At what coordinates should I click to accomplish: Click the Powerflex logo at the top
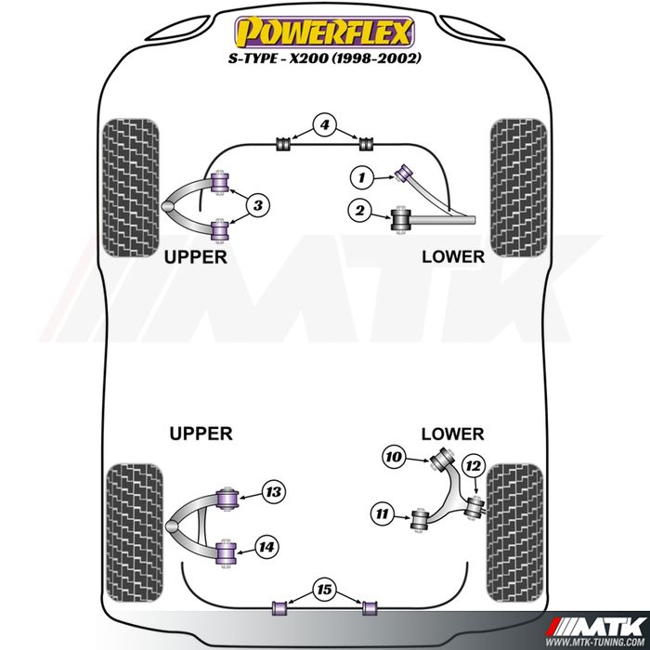click(x=324, y=32)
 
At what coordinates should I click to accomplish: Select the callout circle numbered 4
click(x=324, y=124)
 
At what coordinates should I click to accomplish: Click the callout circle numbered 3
click(x=259, y=205)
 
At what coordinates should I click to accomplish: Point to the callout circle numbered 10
click(x=394, y=456)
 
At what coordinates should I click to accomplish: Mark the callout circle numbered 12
click(x=474, y=465)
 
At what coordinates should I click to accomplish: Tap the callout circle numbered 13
click(x=273, y=492)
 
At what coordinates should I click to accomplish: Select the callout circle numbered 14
click(x=266, y=548)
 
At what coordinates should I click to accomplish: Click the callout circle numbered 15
click(x=324, y=589)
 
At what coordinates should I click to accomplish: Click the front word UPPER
click(x=194, y=256)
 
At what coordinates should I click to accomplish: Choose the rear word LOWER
click(x=452, y=434)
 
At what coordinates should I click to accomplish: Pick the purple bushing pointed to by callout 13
click(x=225, y=496)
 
